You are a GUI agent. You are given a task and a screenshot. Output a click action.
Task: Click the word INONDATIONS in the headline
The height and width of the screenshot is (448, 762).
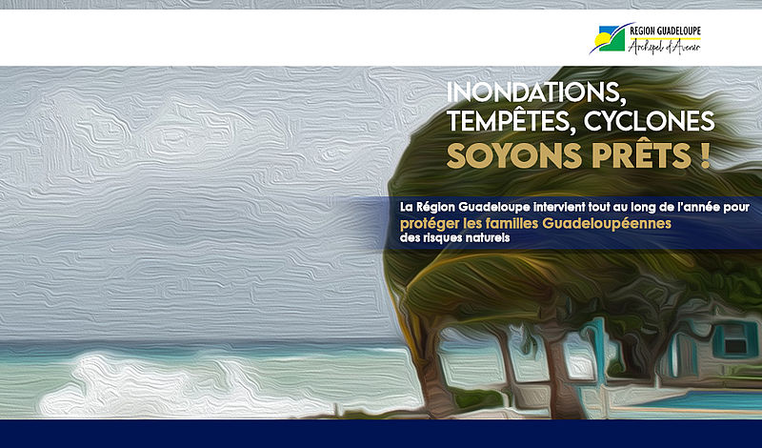[535, 92]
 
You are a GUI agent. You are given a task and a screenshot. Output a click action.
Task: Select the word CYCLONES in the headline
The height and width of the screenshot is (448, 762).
[650, 122]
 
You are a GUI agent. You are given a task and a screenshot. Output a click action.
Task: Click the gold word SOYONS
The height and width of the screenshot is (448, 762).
[514, 155]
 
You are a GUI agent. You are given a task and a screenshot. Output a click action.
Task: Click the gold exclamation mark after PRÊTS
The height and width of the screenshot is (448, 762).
[706, 155]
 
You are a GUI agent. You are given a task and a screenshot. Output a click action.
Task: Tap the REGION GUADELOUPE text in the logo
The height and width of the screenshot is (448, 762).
[665, 31]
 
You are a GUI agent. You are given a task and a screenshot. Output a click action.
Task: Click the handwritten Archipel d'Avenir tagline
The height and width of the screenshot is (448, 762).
[664, 47]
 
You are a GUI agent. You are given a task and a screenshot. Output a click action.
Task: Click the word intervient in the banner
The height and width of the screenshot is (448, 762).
[559, 207]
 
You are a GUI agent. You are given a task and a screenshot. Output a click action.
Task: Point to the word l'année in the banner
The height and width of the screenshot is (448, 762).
[700, 207]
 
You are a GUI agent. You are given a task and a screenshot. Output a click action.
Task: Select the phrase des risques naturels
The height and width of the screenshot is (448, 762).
[455, 238]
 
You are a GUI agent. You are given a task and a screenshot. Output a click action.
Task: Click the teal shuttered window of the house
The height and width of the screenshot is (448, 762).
[735, 340]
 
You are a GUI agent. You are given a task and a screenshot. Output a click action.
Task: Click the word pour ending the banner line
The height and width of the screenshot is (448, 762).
[736, 208]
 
